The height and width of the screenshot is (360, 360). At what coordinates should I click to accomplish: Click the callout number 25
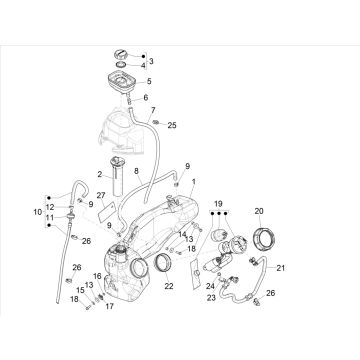click(172, 126)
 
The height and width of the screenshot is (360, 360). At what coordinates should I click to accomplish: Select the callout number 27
click(101, 195)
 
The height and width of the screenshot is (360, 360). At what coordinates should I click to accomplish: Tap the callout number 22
click(169, 286)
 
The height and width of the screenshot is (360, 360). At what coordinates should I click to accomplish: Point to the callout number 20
click(259, 211)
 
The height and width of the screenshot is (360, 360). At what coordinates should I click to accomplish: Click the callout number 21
click(281, 268)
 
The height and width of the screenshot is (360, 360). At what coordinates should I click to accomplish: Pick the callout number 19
click(218, 204)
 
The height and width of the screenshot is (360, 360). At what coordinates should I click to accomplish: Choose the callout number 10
click(38, 212)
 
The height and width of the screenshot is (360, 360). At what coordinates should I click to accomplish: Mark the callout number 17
click(110, 306)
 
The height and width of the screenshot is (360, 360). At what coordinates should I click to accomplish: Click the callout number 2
click(99, 174)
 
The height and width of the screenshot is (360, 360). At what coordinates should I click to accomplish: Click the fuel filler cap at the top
click(121, 54)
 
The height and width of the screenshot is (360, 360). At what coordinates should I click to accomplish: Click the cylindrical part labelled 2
click(117, 177)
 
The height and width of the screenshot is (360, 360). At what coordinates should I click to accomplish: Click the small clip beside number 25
click(155, 122)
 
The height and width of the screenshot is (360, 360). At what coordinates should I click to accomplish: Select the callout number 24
click(210, 286)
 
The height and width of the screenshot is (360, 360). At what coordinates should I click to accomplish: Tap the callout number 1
click(193, 182)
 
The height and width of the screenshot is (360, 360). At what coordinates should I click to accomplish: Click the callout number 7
click(153, 110)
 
